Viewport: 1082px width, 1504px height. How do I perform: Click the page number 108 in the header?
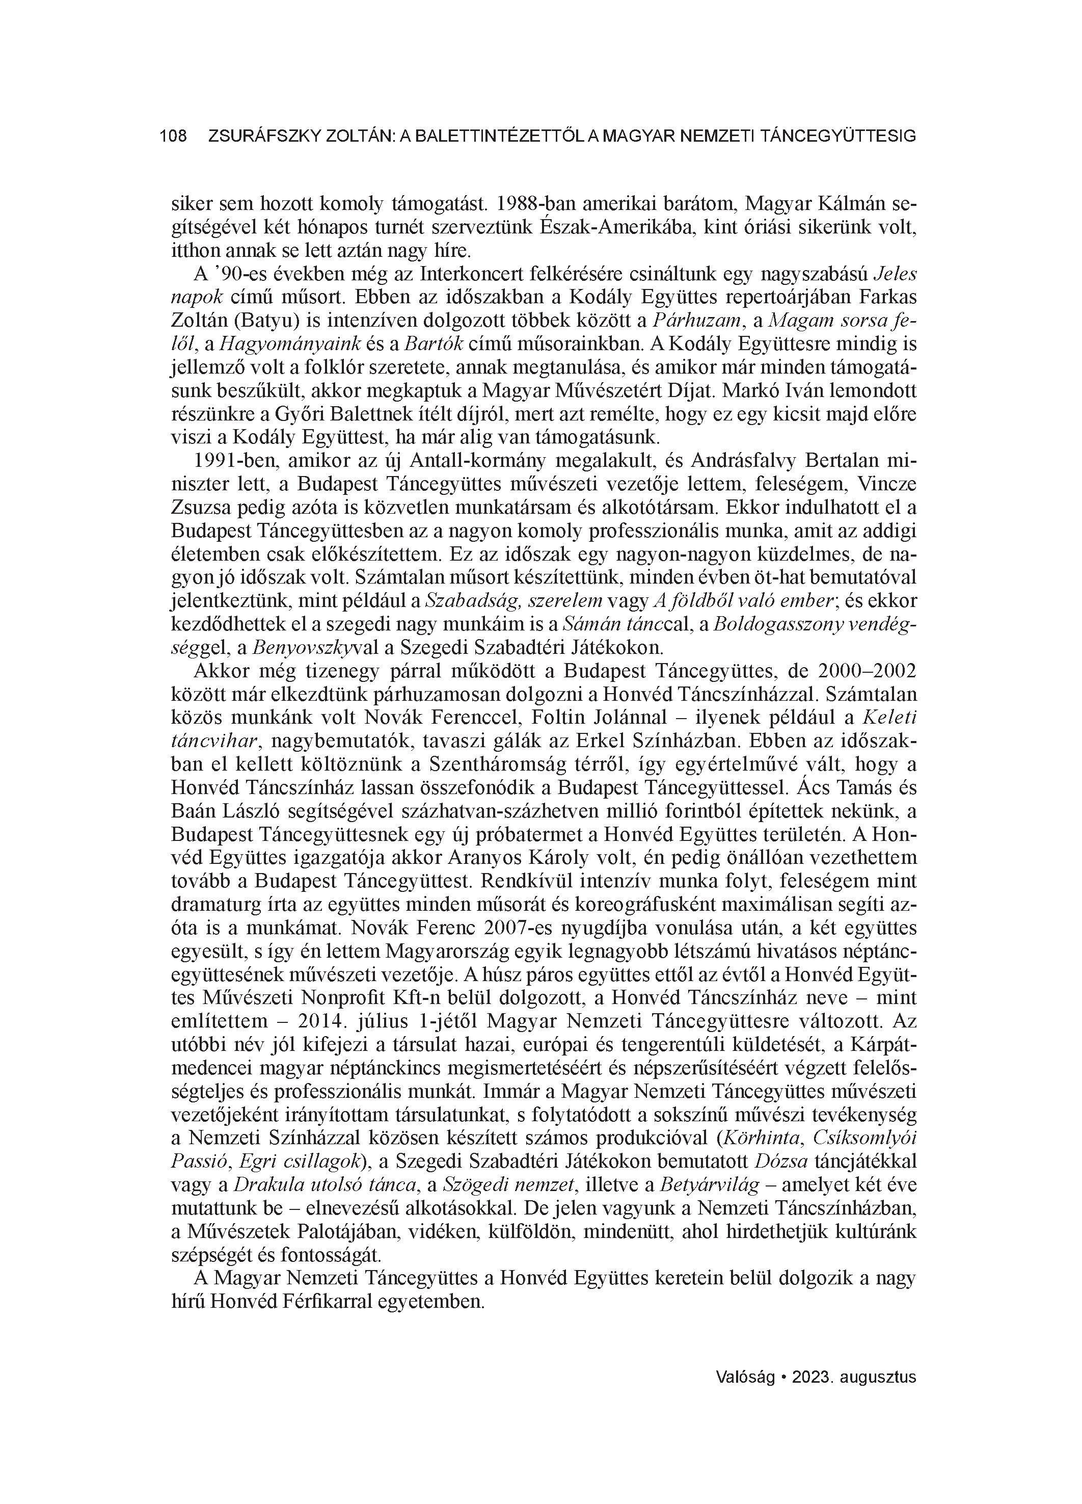pos(174,137)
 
